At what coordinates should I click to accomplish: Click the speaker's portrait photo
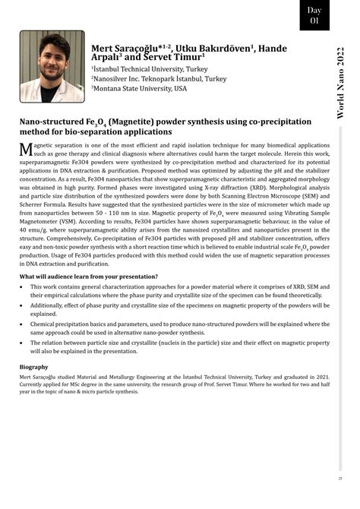(52, 66)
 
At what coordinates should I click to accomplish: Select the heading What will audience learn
(90, 277)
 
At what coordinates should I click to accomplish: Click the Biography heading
(34, 367)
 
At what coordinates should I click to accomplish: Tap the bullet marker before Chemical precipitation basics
(22, 324)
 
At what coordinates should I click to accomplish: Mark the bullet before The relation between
(22, 343)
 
